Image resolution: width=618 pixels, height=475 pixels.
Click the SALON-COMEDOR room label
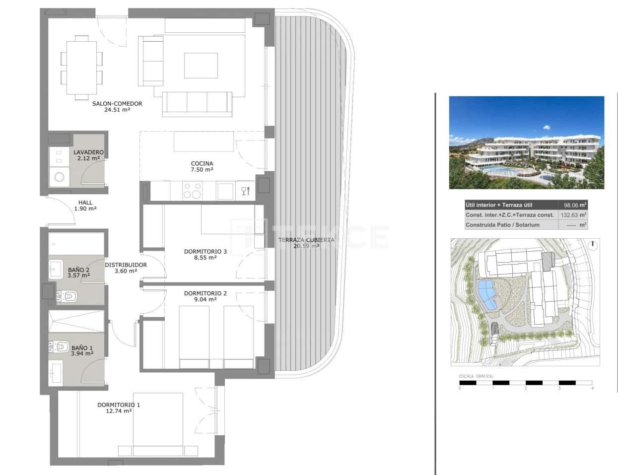pos(117,104)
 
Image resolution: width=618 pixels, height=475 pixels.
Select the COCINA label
pos(202,163)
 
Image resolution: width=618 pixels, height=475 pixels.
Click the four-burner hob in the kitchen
pos(193,190)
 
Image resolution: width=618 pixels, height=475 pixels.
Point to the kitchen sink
pos(224,190)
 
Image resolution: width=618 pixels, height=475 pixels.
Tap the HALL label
pos(85,203)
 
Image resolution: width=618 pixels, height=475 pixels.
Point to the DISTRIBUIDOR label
pos(126,265)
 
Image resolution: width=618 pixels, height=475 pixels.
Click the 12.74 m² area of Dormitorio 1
pos(119,411)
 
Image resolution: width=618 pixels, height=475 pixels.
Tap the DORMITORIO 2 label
pos(205,293)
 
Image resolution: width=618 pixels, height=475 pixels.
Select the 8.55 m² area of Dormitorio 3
pos(205,258)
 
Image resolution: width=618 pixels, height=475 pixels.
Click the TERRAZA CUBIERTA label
pos(306,240)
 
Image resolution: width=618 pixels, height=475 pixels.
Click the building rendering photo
pos(526,142)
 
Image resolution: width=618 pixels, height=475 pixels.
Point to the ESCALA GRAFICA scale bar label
pos(476,377)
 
